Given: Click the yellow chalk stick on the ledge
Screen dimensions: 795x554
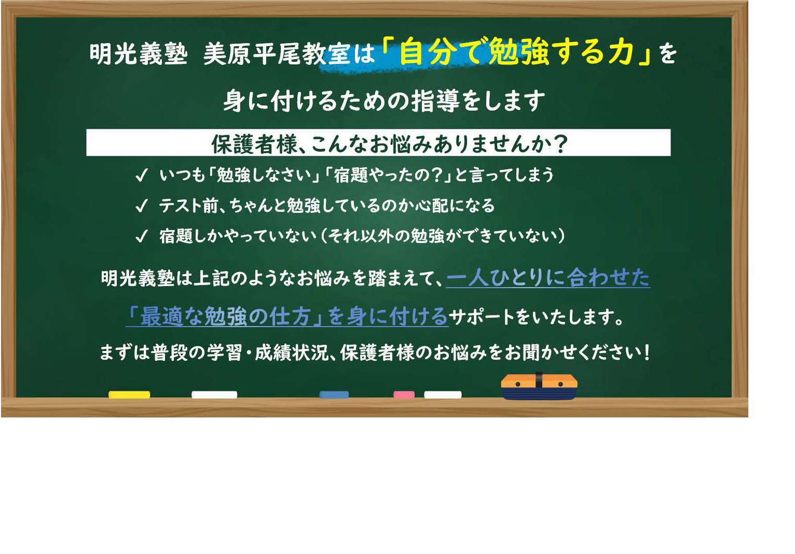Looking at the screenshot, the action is (129, 395).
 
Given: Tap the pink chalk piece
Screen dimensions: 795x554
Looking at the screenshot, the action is (404, 395).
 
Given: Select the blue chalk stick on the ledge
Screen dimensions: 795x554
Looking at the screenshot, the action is (334, 395).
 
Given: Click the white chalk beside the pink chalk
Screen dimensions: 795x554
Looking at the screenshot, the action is (443, 395).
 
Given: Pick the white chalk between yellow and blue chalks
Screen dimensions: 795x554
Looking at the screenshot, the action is (214, 395).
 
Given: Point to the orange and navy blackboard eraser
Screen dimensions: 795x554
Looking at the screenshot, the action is (539, 386).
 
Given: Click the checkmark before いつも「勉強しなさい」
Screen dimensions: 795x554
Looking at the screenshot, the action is (141, 175).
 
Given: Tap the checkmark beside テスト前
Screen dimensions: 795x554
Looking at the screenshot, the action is (141, 206).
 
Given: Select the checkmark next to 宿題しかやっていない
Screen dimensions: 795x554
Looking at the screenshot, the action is (141, 236).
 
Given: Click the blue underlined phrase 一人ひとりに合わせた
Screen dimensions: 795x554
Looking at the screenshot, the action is (548, 278).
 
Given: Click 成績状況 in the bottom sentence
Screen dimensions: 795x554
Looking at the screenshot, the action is (292, 353).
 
